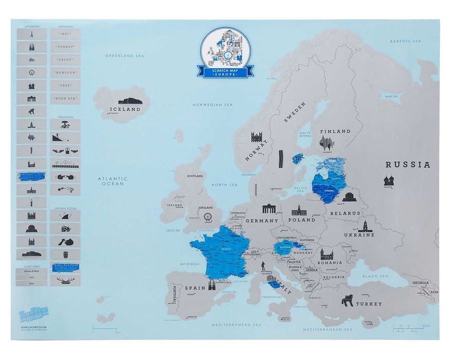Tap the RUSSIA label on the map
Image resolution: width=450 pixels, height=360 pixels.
(408, 165)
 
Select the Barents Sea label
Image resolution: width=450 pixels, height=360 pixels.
(405, 41)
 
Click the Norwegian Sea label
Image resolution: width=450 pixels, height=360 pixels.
(212, 104)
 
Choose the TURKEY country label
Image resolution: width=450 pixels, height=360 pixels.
(369, 304)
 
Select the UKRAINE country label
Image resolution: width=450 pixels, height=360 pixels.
(359, 235)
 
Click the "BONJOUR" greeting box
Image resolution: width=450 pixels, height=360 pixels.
(65, 73)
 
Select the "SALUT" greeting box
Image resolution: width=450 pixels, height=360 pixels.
(65, 60)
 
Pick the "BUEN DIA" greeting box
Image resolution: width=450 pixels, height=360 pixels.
(65, 98)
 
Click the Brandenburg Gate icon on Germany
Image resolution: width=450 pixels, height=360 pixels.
(269, 209)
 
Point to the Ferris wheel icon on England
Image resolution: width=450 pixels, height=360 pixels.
(208, 218)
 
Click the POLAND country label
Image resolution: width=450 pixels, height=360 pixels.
(302, 220)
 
